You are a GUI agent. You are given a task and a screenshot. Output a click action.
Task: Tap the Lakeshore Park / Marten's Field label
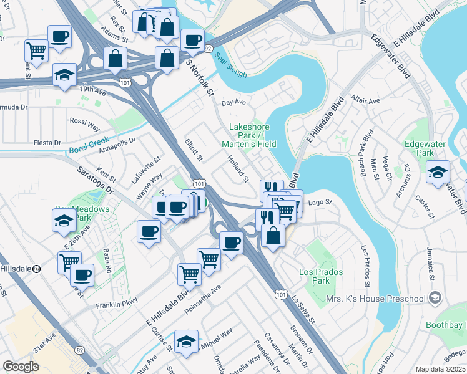pyautogui.click(x=252, y=135)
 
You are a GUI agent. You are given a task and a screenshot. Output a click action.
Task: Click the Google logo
pyautogui.click(x=21, y=367)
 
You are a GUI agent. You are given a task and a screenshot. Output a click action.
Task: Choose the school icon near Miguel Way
pyautogui.click(x=186, y=341)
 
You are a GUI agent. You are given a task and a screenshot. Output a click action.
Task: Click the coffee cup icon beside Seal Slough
pyautogui.click(x=193, y=41)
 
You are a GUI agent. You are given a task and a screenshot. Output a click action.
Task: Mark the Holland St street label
pyautogui.click(x=237, y=169)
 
